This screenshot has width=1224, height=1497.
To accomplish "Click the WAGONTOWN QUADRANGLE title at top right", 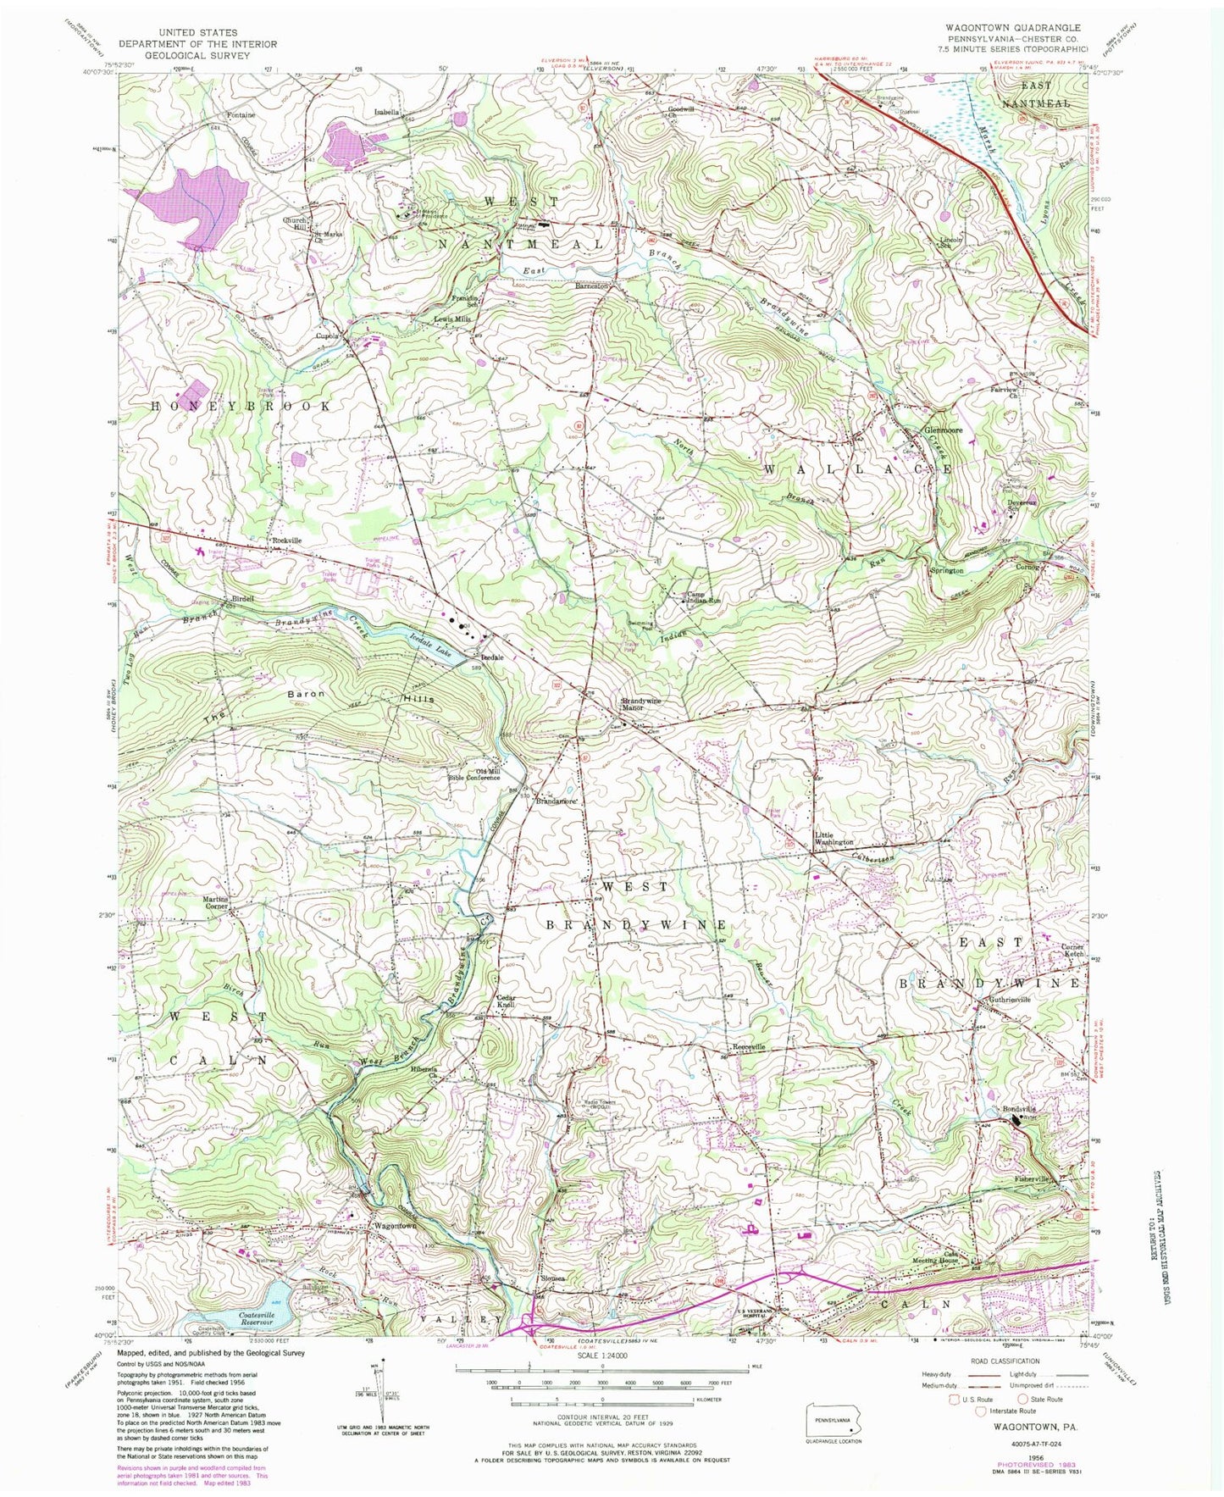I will coord(1013,27).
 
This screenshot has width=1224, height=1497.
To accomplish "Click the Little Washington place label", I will coord(834,839).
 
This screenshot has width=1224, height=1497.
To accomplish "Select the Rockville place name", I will coord(285,540).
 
